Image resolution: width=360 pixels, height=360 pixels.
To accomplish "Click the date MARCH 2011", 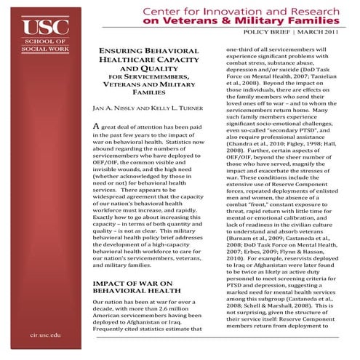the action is (x=319, y=36).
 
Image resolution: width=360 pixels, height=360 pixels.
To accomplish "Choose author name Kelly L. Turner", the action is (x=172, y=108).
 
